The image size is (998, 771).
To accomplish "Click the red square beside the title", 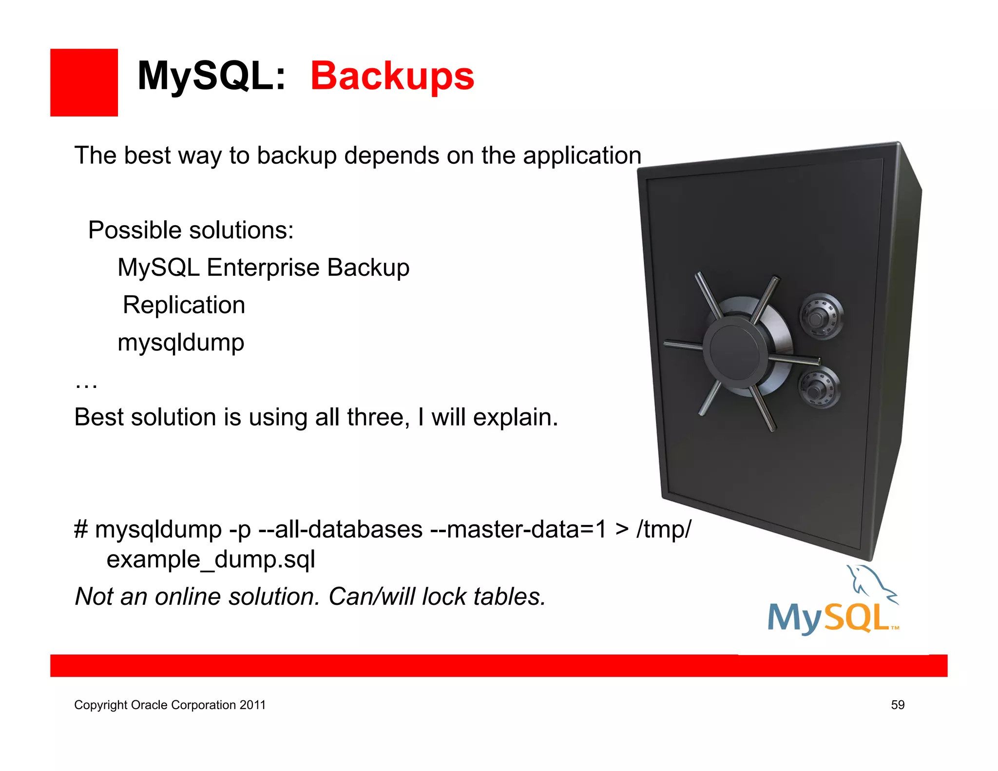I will click(x=84, y=82).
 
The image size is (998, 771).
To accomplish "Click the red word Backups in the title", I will click(x=392, y=76).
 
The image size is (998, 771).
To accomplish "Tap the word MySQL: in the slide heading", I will click(x=211, y=76).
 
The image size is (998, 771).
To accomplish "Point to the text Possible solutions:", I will click(x=191, y=230).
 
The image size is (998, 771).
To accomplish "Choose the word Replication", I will click(x=184, y=305).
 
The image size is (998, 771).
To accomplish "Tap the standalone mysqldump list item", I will click(x=181, y=343).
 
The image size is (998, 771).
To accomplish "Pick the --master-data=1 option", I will click(x=518, y=529).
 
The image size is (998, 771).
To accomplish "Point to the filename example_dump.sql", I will click(x=211, y=559).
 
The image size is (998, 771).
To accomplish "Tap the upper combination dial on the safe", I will click(x=822, y=315).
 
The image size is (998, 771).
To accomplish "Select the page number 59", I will click(x=898, y=705).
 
